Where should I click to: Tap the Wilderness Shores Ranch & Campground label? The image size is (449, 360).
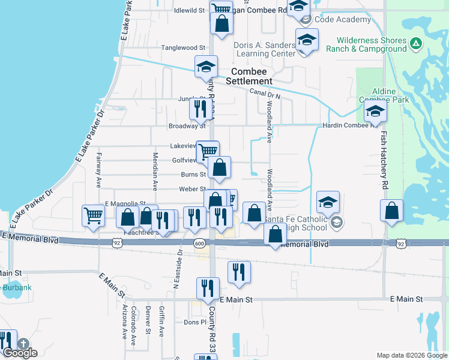[366, 44]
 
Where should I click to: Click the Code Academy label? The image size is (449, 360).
[343, 20]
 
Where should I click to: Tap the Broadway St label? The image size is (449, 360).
[187, 126]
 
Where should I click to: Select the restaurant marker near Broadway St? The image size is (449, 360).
[199, 109]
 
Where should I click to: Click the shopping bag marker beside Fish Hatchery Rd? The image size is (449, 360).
[391, 212]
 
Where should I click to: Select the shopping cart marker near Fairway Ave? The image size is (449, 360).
[93, 215]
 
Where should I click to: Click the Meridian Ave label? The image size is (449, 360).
[155, 171]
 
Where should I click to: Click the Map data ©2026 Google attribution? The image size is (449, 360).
[411, 355]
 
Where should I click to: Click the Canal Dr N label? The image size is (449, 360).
[265, 92]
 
